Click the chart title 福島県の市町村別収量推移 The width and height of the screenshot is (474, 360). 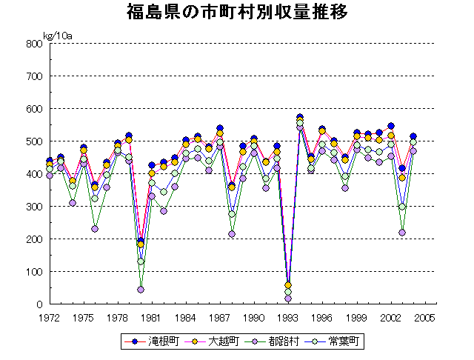pyautogui.click(x=237, y=13)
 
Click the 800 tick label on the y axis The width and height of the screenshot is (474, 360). pyautogui.click(x=33, y=44)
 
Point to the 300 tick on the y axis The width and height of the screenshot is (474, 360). pyautogui.click(x=33, y=207)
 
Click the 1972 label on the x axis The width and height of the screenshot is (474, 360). pyautogui.click(x=50, y=317)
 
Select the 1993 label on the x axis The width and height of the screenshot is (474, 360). pyautogui.click(x=288, y=317)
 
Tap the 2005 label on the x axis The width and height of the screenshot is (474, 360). pyautogui.click(x=424, y=317)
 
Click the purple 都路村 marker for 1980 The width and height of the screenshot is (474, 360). pyautogui.click(x=141, y=290)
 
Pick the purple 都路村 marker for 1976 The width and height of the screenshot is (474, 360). pyautogui.click(x=95, y=229)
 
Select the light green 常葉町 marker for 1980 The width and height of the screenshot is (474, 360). pyautogui.click(x=141, y=261)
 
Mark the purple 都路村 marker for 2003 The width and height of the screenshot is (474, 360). pyautogui.click(x=402, y=233)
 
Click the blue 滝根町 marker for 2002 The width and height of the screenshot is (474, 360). pyautogui.click(x=391, y=126)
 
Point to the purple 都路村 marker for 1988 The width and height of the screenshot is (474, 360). pyautogui.click(x=232, y=234)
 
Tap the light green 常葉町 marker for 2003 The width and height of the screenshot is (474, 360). pyautogui.click(x=402, y=207)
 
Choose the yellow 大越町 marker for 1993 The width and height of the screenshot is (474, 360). pyautogui.click(x=288, y=285)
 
